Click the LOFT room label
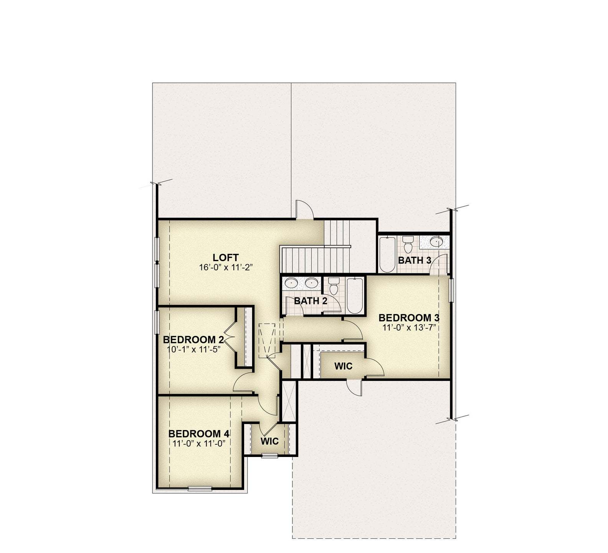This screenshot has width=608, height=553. pyautogui.click(x=226, y=257)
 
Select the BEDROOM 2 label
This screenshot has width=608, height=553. pyautogui.click(x=193, y=339)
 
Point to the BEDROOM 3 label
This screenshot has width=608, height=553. pyautogui.click(x=409, y=318)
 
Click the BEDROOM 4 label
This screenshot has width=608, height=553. pyautogui.click(x=199, y=434)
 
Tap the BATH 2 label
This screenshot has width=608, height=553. pyautogui.click(x=311, y=301)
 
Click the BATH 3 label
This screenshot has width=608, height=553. pyautogui.click(x=415, y=260)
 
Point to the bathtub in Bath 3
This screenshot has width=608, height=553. pyautogui.click(x=387, y=254)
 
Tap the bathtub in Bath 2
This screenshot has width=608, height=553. pyautogui.click(x=354, y=296)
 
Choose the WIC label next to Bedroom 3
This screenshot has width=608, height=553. pyautogui.click(x=343, y=366)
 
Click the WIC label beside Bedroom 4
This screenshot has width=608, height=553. pyautogui.click(x=269, y=441)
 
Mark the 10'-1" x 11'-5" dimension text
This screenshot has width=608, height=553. pyautogui.click(x=193, y=349)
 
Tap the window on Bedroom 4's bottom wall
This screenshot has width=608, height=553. pyautogui.click(x=200, y=488)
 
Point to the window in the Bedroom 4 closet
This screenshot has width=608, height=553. pyautogui.click(x=269, y=455)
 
